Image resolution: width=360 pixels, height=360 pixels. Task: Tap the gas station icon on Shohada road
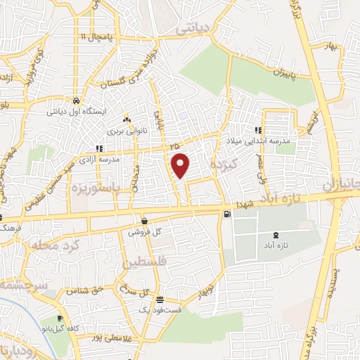(x=226, y=215)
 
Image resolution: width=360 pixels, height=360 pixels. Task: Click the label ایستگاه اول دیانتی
(x=75, y=111)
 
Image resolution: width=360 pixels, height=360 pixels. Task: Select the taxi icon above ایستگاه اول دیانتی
(x=75, y=100)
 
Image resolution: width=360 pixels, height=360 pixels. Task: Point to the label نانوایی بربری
(x=124, y=130)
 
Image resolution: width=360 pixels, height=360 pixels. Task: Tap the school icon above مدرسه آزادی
(x=99, y=148)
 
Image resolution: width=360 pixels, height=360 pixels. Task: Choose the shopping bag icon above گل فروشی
(x=145, y=219)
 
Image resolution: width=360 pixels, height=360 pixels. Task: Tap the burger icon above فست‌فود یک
(x=159, y=299)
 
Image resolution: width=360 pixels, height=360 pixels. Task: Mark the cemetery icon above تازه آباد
(x=275, y=236)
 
